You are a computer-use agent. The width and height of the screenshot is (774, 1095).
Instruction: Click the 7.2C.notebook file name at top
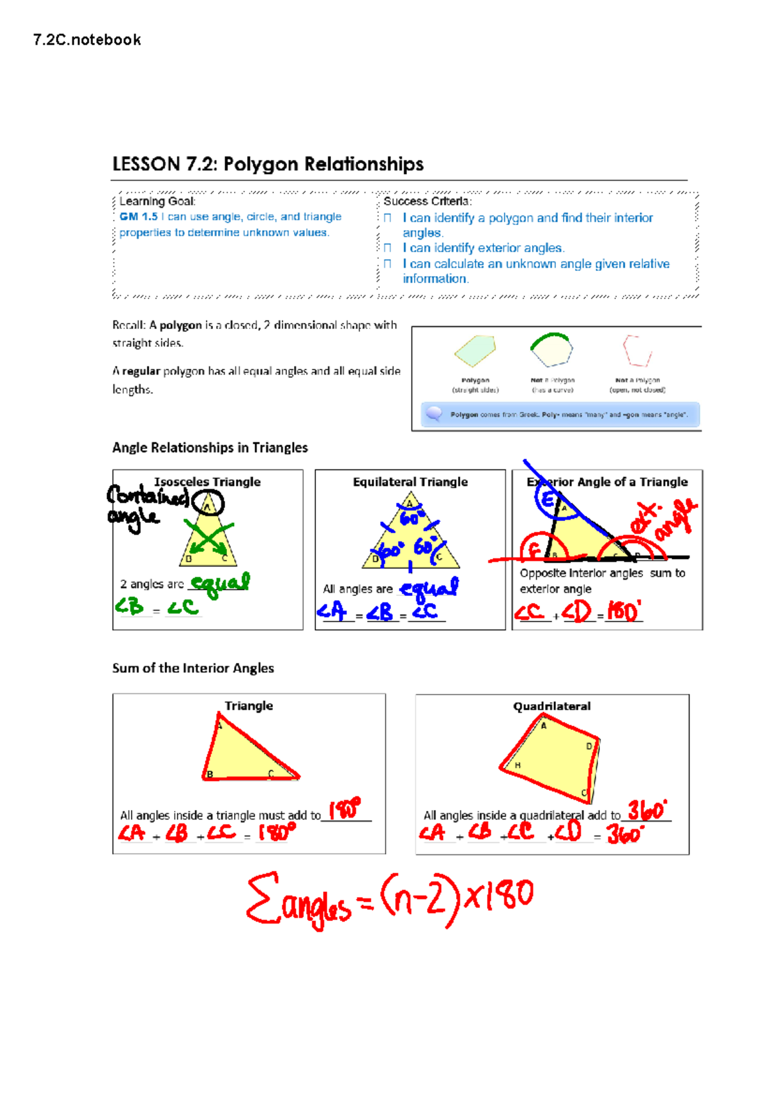pos(86,40)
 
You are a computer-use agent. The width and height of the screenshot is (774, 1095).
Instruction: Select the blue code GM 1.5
pos(138,217)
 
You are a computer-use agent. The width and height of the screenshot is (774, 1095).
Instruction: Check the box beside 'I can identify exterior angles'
pos(388,248)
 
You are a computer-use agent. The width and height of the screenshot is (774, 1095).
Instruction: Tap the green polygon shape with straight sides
pos(475,351)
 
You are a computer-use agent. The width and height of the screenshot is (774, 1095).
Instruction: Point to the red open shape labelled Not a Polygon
pos(637,351)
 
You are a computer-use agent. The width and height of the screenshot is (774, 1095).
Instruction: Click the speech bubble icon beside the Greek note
pos(434,413)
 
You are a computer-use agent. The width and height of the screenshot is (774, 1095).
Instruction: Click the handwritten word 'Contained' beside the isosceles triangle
pos(148,496)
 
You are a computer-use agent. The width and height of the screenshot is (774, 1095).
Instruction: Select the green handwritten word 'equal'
pos(221,583)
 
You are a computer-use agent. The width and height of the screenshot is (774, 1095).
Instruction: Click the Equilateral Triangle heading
pos(410,482)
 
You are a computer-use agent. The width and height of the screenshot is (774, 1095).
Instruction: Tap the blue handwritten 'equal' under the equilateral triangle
pos(429,587)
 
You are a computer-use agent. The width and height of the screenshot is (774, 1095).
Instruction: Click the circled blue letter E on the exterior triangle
pos(548,500)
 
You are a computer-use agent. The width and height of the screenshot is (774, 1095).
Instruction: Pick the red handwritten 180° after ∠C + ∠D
pos(624,611)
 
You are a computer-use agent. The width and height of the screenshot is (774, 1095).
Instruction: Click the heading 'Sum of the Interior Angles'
pos(193,668)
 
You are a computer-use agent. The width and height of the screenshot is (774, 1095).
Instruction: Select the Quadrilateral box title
pos(551,706)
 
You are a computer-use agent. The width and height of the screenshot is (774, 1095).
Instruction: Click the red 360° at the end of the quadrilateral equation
pos(624,834)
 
